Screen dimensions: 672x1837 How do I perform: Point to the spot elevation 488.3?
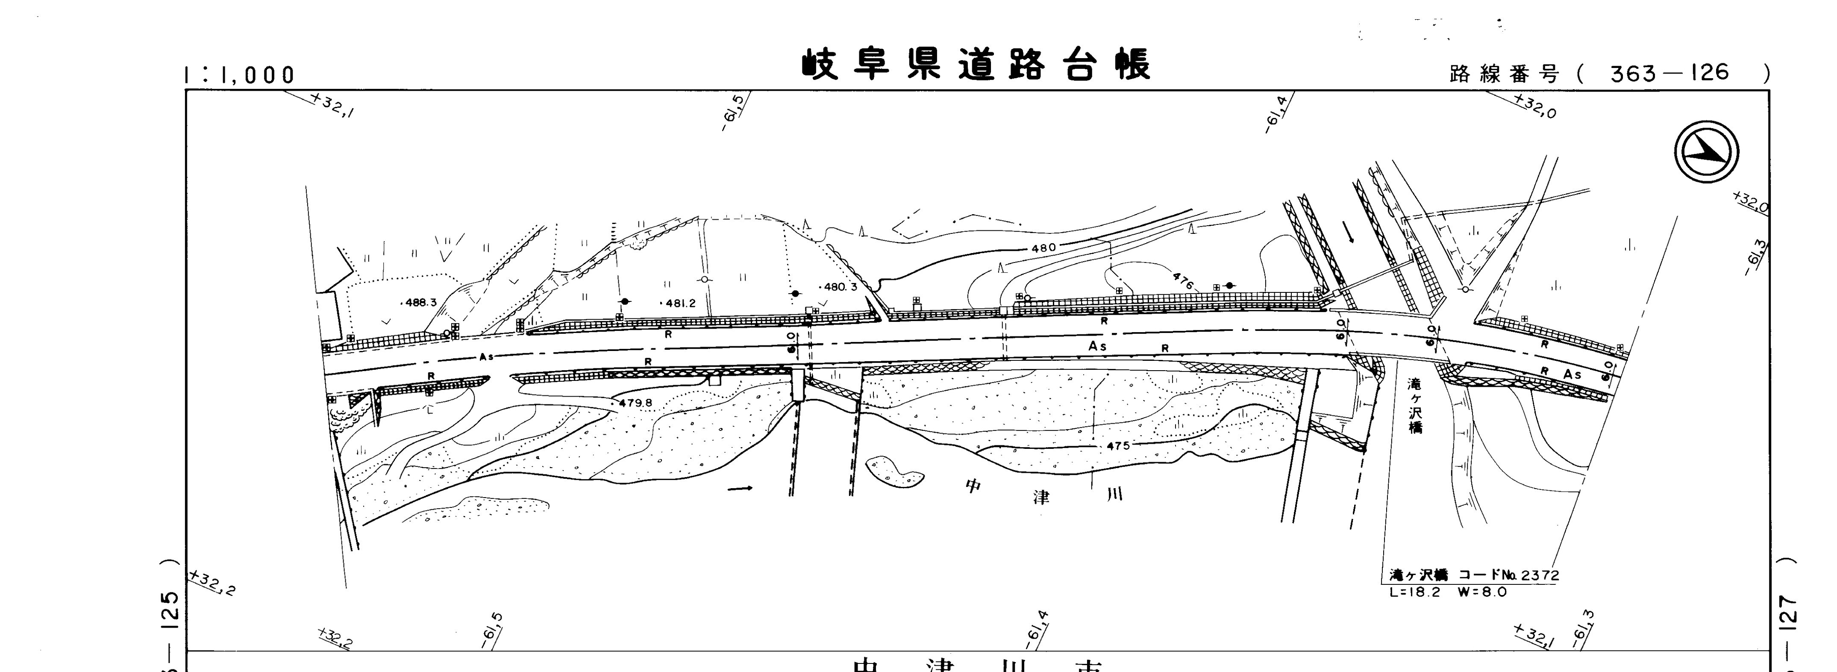click(x=421, y=303)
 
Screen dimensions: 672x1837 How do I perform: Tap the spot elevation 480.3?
click(x=840, y=288)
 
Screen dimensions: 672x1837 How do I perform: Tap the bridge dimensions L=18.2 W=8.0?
click(x=1448, y=591)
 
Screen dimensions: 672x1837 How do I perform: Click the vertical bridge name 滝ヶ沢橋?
click(x=1414, y=406)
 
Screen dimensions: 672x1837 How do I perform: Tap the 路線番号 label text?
click(x=1505, y=74)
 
